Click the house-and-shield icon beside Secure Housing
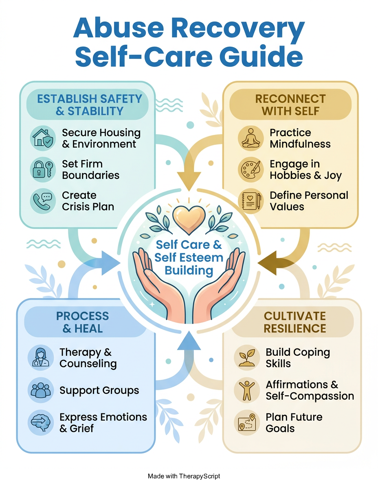(43, 138)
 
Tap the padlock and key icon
(43, 170)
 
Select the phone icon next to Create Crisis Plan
(43, 201)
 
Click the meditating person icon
(251, 138)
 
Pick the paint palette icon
(251, 170)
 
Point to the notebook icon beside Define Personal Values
(251, 201)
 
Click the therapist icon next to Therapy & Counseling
(41, 358)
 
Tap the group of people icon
(41, 390)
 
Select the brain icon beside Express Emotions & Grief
(41, 422)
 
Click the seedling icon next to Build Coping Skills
(247, 358)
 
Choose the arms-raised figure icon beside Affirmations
(247, 390)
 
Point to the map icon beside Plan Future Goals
(247, 422)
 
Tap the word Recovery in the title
(237, 28)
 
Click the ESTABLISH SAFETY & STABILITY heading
(90, 105)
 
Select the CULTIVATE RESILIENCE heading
(294, 322)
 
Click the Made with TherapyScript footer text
(184, 476)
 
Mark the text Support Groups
(99, 390)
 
